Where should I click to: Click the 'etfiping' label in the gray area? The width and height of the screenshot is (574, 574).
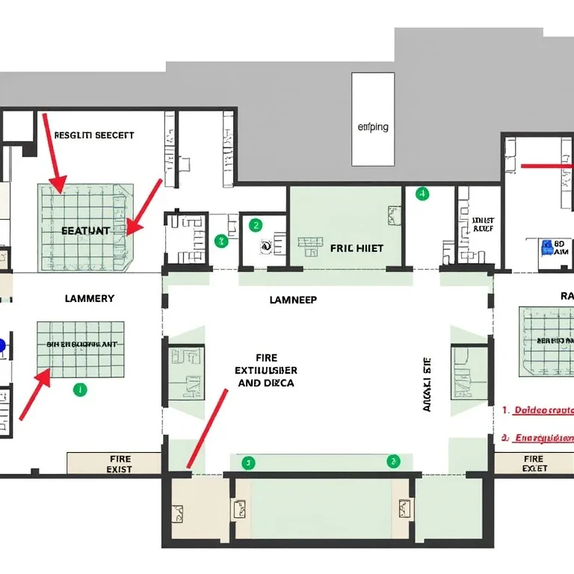(373, 127)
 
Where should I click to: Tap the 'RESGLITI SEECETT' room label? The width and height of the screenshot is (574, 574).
(94, 135)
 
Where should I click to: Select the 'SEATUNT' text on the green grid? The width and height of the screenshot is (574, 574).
(84, 231)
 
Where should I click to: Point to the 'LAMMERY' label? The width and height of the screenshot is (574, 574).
(90, 298)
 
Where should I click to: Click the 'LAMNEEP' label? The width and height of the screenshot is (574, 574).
(293, 300)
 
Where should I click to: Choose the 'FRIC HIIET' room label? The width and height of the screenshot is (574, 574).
(357, 248)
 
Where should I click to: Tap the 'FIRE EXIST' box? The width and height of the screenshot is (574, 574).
(114, 463)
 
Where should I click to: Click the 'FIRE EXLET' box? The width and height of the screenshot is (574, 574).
(534, 463)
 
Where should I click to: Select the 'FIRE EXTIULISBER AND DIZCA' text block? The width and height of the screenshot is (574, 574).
(266, 370)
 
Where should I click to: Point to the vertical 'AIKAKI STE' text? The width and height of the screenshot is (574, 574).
(428, 384)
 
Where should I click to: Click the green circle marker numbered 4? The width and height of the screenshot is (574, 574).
(422, 194)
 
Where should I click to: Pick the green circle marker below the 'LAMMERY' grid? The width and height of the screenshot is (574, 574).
(79, 389)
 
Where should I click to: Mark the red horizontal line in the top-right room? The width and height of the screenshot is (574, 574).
(546, 166)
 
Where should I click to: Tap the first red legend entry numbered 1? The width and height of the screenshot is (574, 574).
(538, 410)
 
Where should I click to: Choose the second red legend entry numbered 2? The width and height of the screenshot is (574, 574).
(538, 438)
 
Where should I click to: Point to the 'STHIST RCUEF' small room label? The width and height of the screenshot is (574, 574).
(484, 225)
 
